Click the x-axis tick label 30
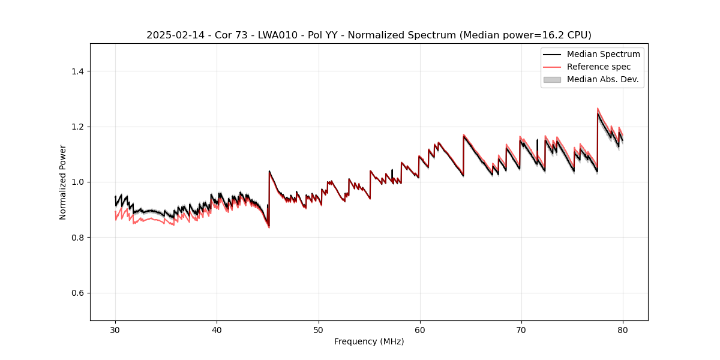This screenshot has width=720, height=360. (115, 329)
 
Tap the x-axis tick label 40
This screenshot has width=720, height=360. (217, 329)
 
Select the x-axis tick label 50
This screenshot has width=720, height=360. (318, 329)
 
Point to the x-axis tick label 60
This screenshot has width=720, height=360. (419, 329)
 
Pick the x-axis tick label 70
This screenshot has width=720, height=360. (521, 329)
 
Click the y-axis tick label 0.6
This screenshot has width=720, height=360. (77, 293)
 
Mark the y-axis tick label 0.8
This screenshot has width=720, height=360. (77, 238)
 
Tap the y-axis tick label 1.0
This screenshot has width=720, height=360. (77, 182)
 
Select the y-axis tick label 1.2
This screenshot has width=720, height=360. (77, 127)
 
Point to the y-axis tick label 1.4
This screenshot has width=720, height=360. (77, 71)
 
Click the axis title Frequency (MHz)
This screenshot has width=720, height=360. (369, 341)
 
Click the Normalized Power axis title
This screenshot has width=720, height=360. (63, 182)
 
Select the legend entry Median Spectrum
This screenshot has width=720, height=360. (603, 54)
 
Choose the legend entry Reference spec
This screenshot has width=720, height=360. (599, 67)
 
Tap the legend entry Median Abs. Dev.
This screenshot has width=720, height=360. (602, 79)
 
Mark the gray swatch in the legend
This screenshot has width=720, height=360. (552, 79)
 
